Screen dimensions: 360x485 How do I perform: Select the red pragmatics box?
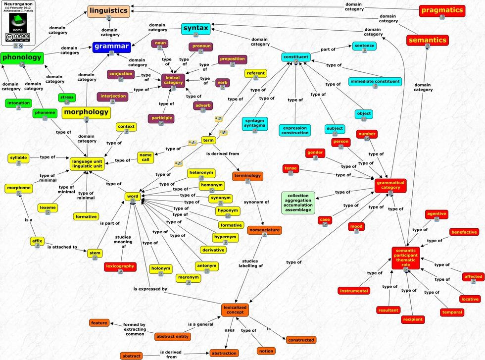[441, 10]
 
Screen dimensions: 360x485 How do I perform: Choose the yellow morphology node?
[86, 112]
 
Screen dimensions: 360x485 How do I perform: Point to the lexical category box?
[173, 80]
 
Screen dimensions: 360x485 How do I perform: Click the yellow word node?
[133, 197]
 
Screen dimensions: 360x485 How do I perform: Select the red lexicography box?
[120, 266]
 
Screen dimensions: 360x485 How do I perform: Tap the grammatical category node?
[390, 185]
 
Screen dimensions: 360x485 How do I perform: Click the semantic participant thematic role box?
[406, 257]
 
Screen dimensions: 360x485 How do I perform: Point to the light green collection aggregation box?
[298, 203]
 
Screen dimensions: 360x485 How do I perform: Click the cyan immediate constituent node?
[375, 81]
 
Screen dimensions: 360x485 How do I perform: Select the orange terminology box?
[247, 176]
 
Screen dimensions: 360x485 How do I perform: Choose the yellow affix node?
[37, 241]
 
